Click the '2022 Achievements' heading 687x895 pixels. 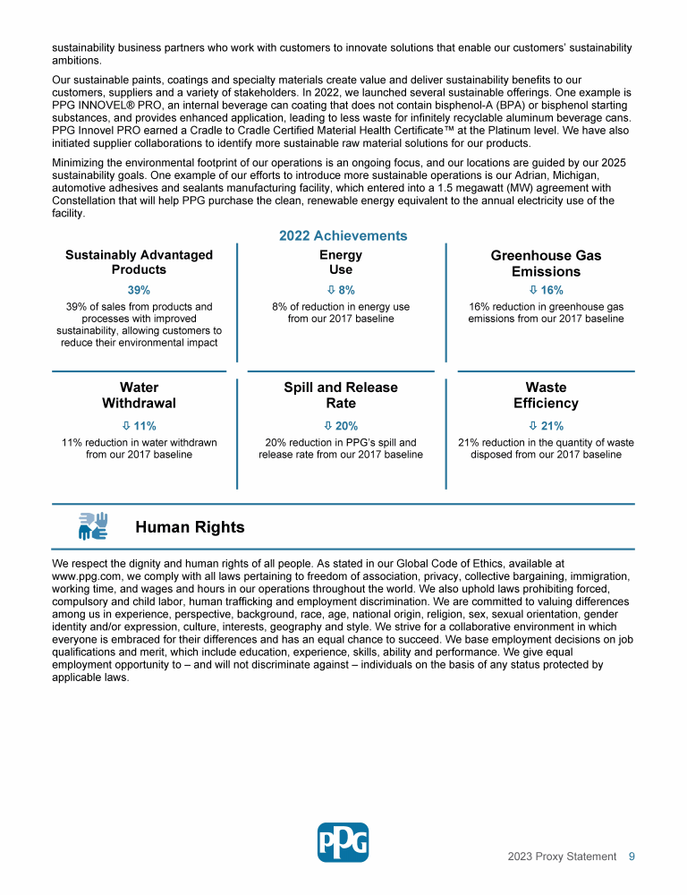coord(343,235)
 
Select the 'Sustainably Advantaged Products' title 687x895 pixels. coord(139,262)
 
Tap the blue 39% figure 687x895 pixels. coord(139,290)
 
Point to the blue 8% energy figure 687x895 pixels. coord(341,290)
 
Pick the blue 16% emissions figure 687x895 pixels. coord(546,290)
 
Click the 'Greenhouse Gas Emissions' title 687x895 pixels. coord(546,263)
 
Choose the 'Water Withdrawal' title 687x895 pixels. coord(139,395)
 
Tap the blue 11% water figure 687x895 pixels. coord(139,426)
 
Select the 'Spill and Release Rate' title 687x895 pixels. coord(341,395)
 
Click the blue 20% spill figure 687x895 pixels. coord(341,426)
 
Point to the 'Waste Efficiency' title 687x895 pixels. coord(546,395)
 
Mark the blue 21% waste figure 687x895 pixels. coord(546,426)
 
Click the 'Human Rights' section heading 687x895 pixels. coord(190,527)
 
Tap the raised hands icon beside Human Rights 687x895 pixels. coord(93,526)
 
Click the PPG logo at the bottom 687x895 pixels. coord(343,842)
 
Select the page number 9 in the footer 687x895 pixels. coord(632,857)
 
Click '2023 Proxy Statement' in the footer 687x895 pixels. coord(562,857)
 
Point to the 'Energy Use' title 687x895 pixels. coord(341,262)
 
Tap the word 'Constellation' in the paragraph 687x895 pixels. coord(88,200)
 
